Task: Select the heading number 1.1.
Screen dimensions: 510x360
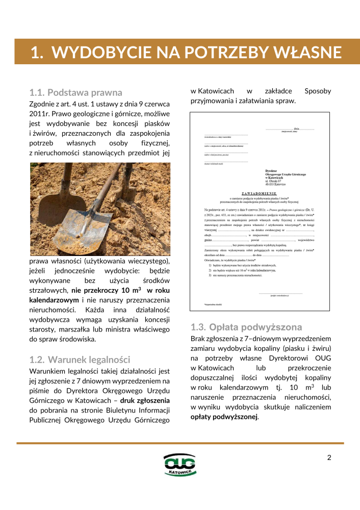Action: click(x=37, y=93)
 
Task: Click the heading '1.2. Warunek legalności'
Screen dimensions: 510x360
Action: click(x=80, y=360)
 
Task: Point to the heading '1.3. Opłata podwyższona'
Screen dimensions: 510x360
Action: click(x=246, y=327)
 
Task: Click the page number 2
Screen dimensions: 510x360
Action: click(x=329, y=457)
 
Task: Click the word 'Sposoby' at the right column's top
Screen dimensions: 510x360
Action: click(x=317, y=91)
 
